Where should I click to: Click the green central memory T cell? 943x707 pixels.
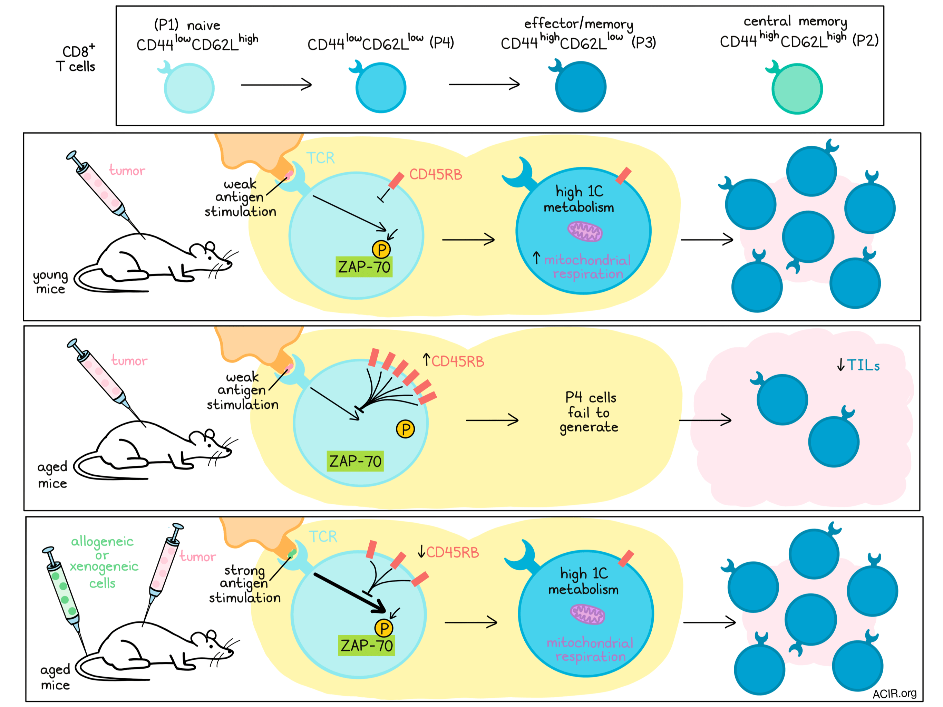[796, 88]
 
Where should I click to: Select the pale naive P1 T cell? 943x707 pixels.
[188, 87]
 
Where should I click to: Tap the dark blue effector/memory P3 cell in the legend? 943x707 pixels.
[580, 86]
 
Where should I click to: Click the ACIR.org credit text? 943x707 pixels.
[894, 694]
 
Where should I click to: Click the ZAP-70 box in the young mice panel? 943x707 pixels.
[364, 267]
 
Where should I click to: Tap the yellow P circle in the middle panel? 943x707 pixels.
[406, 429]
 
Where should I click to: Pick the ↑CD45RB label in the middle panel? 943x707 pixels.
[453, 361]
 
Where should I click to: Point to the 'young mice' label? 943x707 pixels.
[51, 282]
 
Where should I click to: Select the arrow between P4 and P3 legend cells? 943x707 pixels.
[484, 84]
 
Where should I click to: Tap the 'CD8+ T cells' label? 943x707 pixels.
[76, 58]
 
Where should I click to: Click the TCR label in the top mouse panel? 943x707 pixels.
[321, 158]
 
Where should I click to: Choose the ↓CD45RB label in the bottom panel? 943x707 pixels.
[448, 552]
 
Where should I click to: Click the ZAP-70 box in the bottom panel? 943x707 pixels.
[367, 645]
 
